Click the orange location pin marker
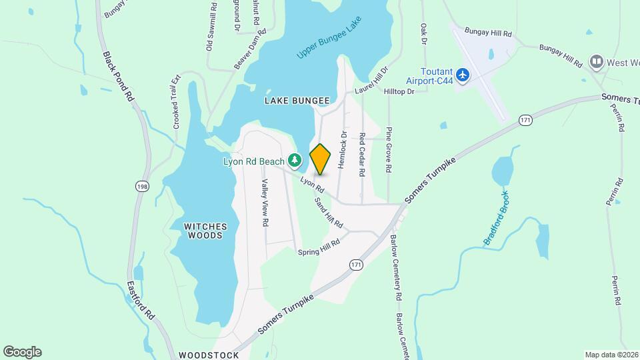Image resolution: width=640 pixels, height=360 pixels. [321, 159]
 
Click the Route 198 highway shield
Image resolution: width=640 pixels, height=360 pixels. [141, 187]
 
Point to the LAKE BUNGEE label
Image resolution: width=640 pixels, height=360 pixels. [297, 101]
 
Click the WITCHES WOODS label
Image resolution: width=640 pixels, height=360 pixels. [205, 231]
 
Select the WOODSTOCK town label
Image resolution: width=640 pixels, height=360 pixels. [209, 355]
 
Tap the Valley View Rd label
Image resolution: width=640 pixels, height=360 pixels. [265, 203]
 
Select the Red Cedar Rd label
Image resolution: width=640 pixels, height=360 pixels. [362, 154]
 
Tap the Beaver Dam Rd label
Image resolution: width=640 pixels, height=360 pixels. [251, 49]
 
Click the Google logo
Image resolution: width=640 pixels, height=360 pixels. [22, 351]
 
